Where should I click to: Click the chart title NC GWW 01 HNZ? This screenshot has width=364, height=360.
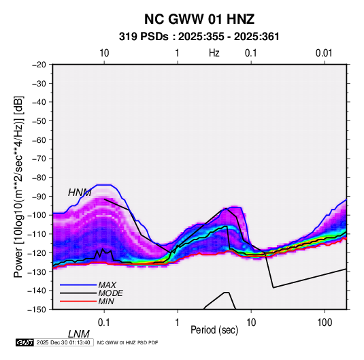tap(199, 19)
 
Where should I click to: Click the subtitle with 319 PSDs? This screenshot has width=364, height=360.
tap(199, 37)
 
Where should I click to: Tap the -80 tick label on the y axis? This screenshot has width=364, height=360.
tap(39, 178)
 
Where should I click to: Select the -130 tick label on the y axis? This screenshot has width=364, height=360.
tap(37, 272)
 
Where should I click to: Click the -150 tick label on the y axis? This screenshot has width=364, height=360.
tap(37, 310)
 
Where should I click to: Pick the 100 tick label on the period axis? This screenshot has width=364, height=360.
tap(325, 322)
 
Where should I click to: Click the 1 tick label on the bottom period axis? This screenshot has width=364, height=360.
tap(178, 322)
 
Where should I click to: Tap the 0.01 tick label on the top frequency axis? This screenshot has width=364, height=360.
tap(324, 53)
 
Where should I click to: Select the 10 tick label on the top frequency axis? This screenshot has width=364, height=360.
tap(104, 53)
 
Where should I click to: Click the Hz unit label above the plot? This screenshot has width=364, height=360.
tap(214, 53)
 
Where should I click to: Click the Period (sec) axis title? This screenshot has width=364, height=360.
tap(214, 330)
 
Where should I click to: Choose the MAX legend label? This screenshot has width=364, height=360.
tap(107, 285)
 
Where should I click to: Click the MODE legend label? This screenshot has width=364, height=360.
tap(110, 293)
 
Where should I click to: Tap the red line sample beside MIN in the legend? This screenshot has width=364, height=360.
tap(78, 301)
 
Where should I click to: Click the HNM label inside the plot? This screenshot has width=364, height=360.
tap(80, 193)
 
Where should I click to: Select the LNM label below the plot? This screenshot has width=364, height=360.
tap(79, 334)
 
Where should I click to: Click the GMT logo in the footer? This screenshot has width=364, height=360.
tap(24, 342)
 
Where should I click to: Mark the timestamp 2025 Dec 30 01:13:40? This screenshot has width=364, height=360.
tap(63, 342)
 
